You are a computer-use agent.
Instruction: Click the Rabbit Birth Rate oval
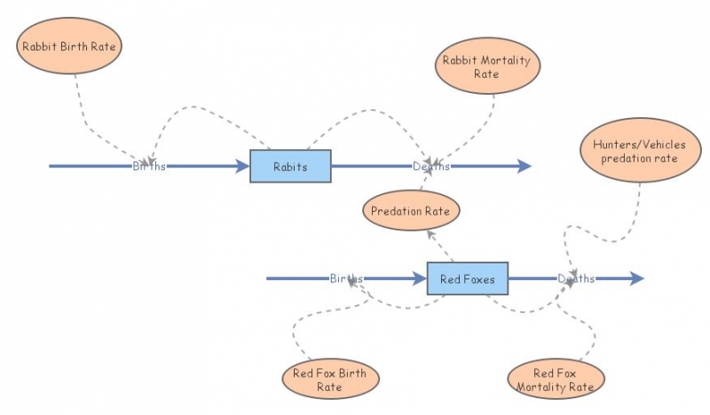coord(67,43)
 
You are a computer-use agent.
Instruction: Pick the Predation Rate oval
coord(411,212)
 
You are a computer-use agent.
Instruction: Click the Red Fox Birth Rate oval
coord(330,380)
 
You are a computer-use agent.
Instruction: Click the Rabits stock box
coord(290,166)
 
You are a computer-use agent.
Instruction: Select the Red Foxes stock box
coord(467,278)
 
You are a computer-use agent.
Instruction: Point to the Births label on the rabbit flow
coord(149,166)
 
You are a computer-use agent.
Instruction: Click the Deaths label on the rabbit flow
coord(431,166)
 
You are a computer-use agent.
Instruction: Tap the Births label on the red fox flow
coord(346,278)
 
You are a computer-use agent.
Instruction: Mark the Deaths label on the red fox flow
coord(576,278)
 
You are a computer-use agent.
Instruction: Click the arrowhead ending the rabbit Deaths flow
coord(525,166)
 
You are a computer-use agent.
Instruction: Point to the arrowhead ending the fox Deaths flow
coord(636,278)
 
